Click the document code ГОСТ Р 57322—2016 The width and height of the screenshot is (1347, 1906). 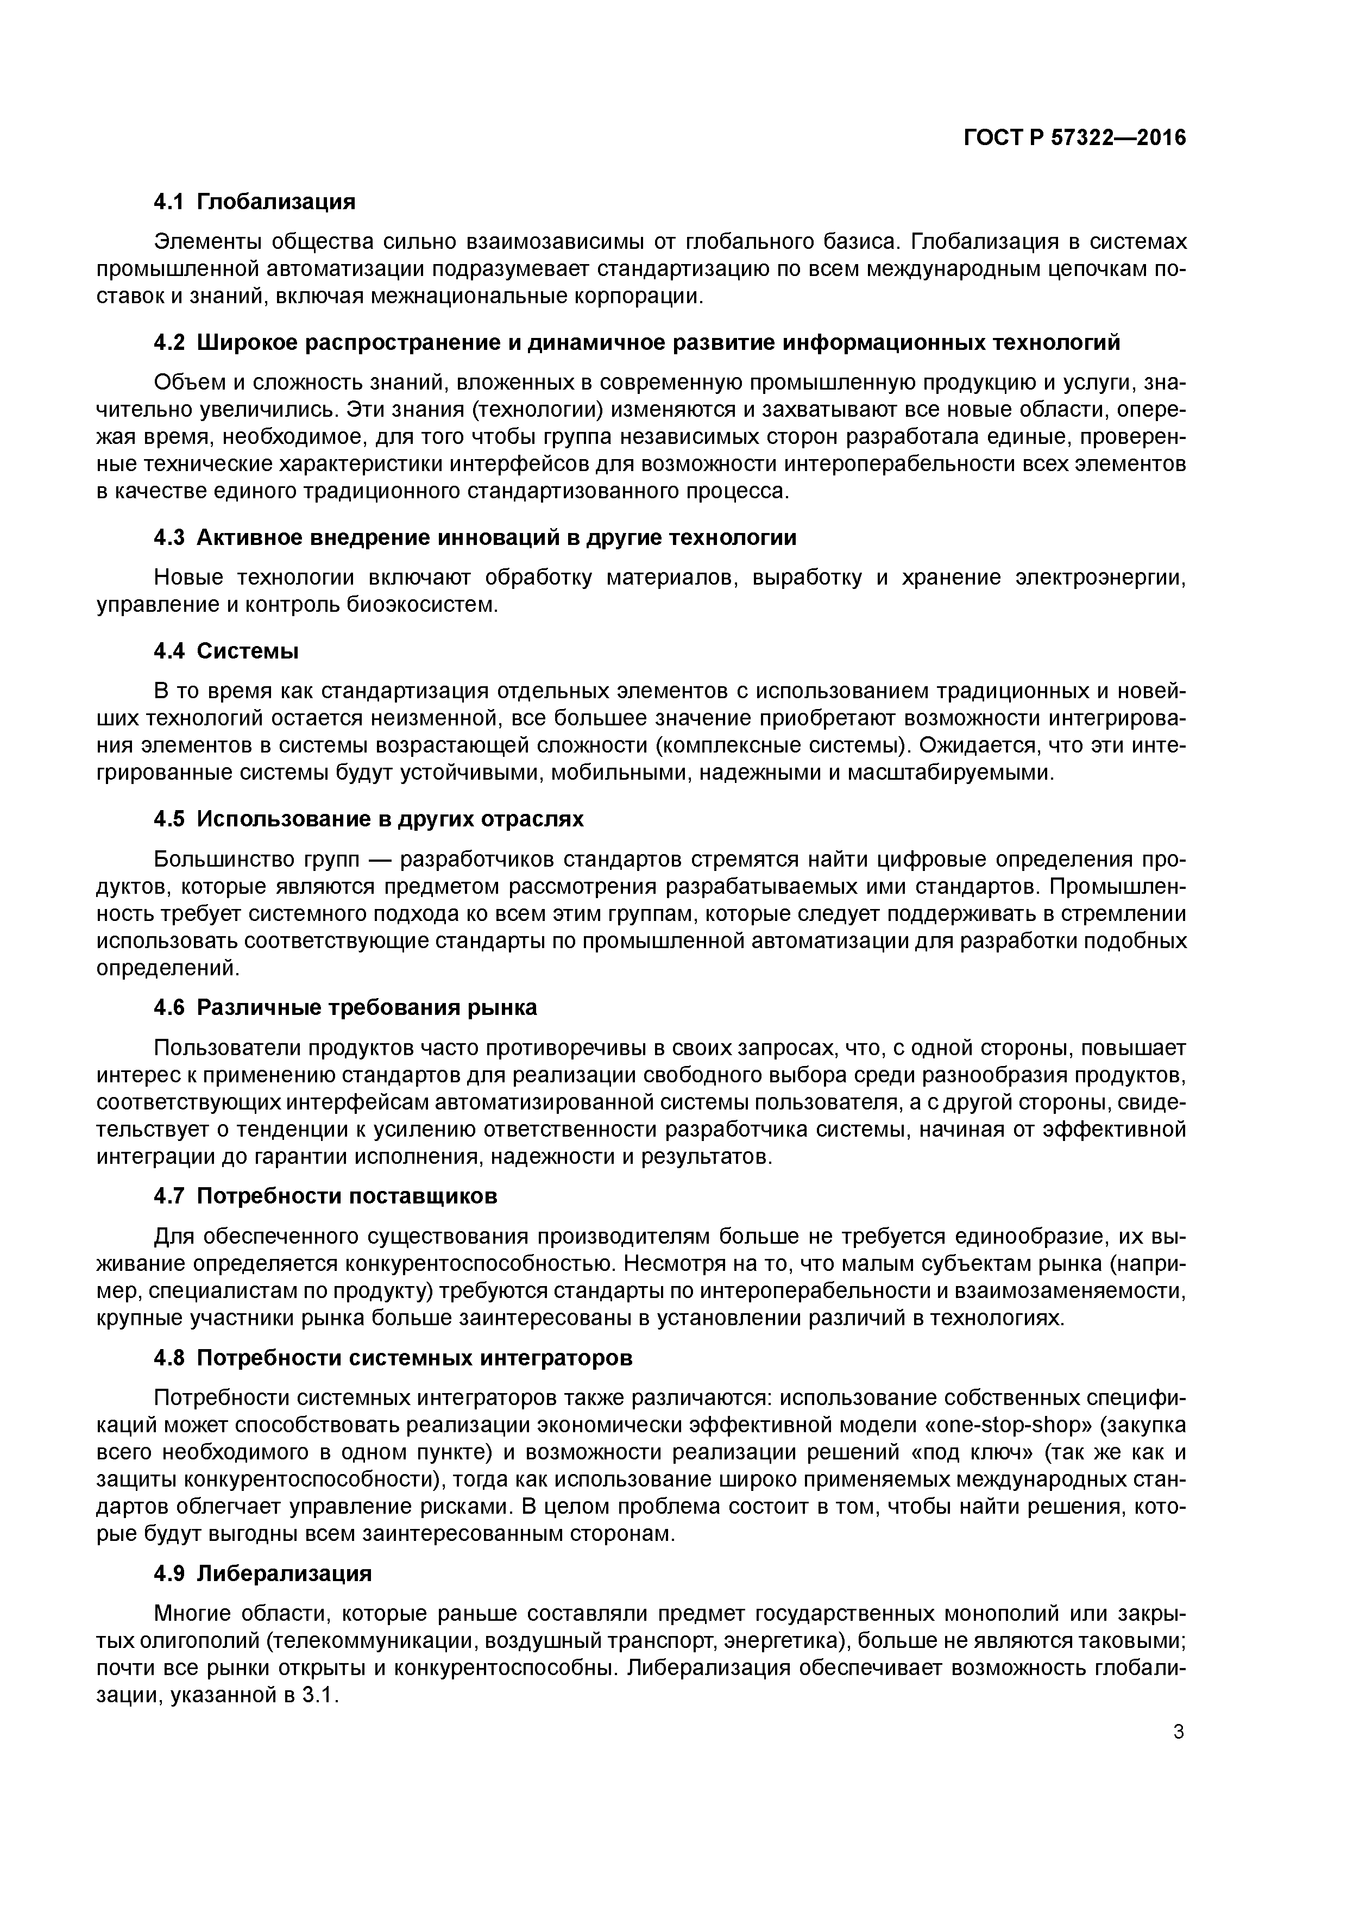(1075, 138)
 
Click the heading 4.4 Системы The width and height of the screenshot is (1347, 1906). (226, 651)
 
